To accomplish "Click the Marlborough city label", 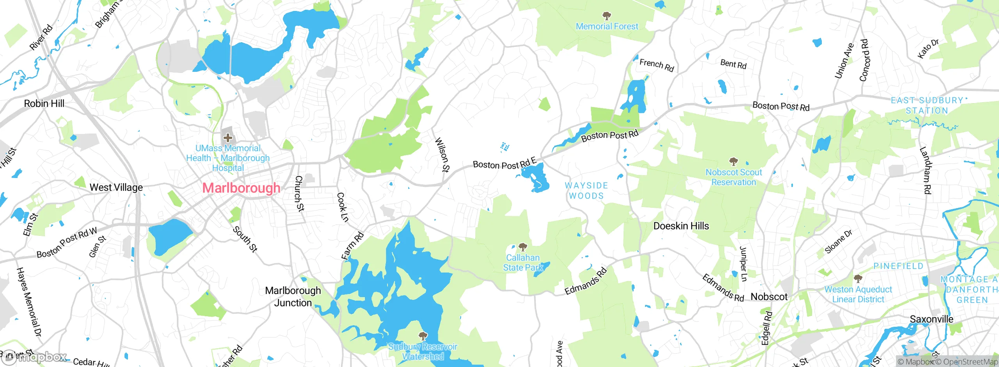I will (x=241, y=188).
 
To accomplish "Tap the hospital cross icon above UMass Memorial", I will (x=228, y=137).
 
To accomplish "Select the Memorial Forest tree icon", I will (x=606, y=16).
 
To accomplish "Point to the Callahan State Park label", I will (x=523, y=263).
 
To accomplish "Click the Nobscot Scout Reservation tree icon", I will (x=733, y=161).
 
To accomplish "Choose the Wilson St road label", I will (x=442, y=155).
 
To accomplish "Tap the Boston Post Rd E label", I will (x=505, y=164).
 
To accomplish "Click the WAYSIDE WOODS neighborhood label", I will (x=586, y=191).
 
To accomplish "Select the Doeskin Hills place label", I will (x=681, y=226).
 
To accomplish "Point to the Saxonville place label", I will (x=931, y=319).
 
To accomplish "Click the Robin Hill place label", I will (x=44, y=104).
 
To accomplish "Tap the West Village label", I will (x=116, y=188).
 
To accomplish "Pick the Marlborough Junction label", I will (x=293, y=297).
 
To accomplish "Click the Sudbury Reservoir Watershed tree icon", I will (x=423, y=336).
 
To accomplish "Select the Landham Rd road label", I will (x=925, y=170).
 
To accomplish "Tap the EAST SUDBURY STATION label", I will (x=927, y=106).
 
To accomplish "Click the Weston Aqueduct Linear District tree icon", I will (x=858, y=279).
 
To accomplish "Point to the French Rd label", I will (x=657, y=65).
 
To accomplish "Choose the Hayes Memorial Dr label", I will (x=29, y=302).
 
